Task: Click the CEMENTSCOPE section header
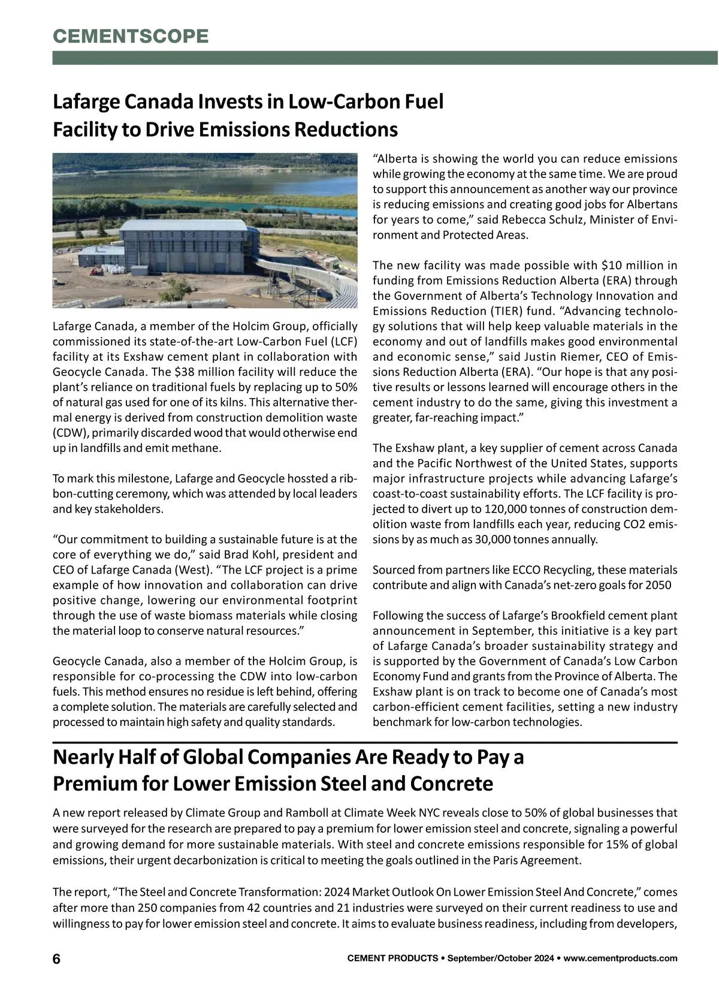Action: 131,36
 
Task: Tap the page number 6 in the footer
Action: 56,958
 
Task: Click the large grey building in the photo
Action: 183,246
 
